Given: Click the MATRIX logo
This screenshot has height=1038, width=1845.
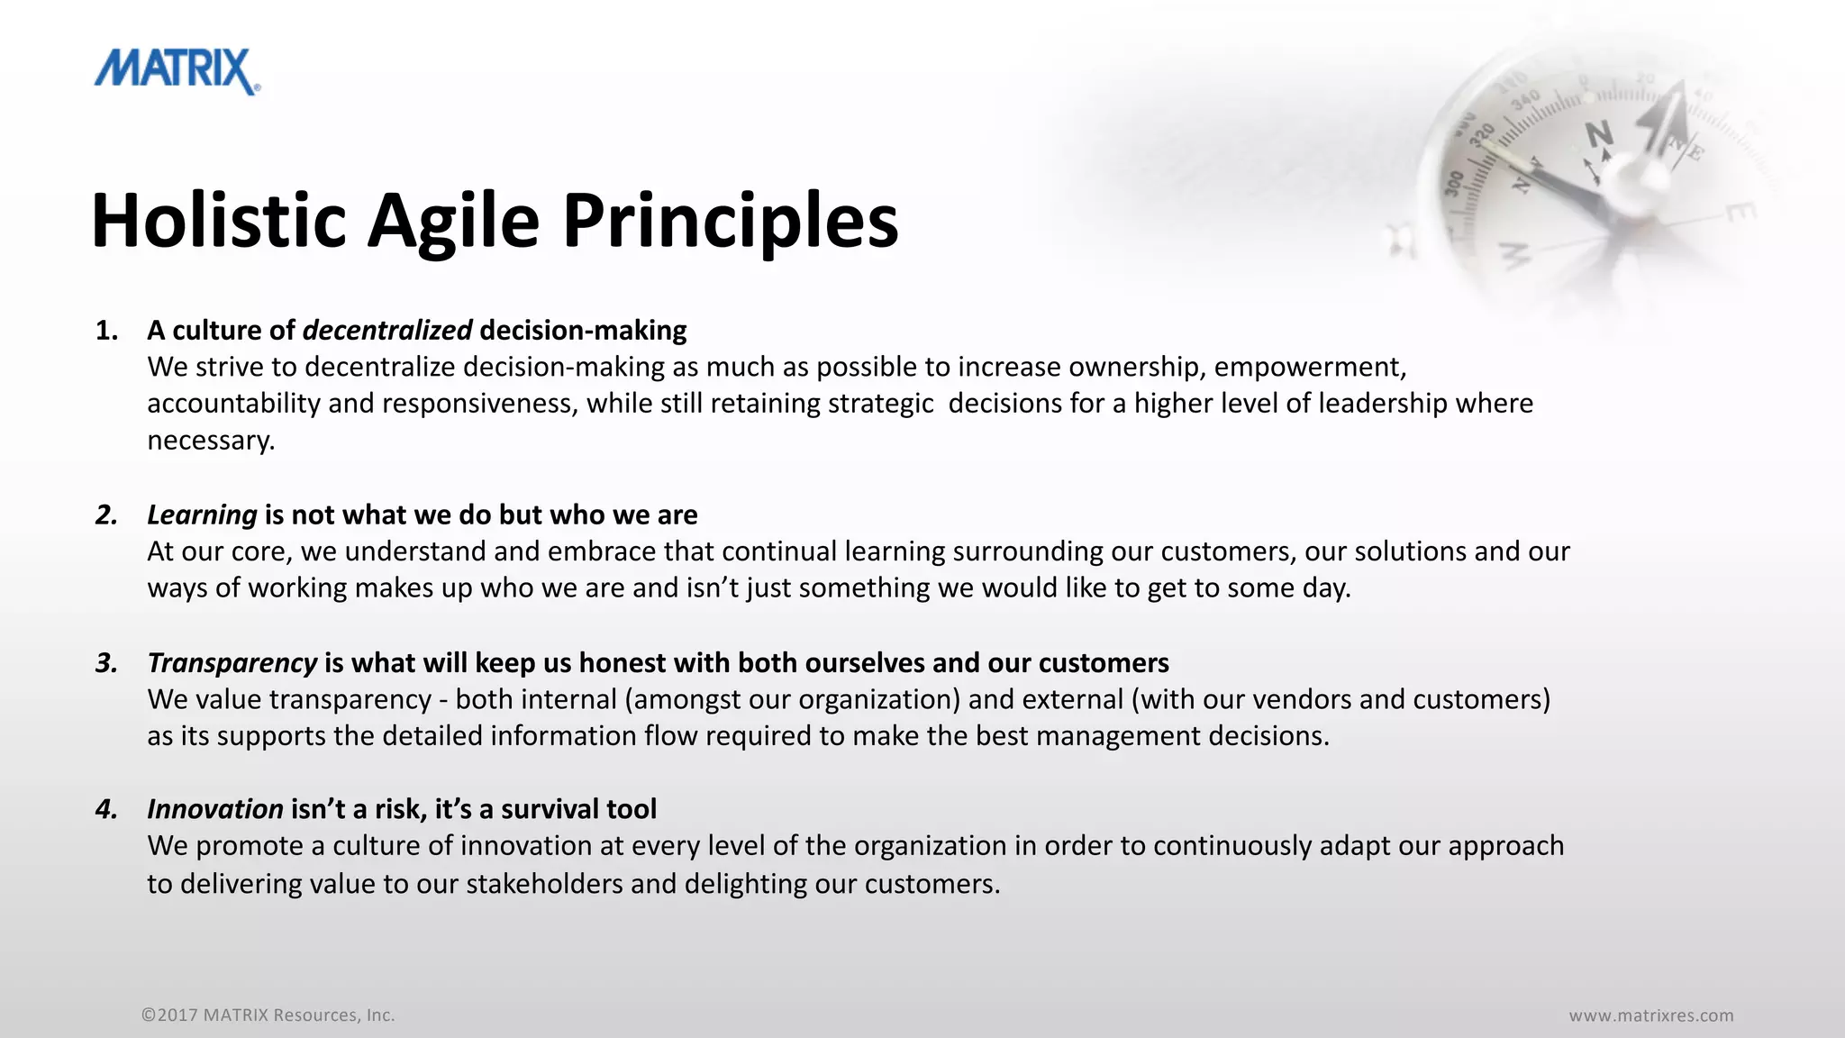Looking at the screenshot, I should [x=177, y=72].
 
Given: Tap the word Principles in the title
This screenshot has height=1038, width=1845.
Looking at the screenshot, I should [x=730, y=221].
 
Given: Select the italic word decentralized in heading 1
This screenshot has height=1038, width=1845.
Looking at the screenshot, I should [x=386, y=331].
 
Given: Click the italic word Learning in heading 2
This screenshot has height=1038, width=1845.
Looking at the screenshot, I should [x=202, y=514].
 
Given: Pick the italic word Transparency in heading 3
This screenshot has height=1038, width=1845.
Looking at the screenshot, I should [x=232, y=663].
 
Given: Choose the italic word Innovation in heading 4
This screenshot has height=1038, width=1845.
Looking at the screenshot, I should [x=215, y=809].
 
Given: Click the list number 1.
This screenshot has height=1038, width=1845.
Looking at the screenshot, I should [x=106, y=331].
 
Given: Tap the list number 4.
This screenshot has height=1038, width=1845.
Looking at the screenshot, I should [x=106, y=809].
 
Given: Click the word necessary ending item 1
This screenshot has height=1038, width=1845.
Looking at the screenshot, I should [x=210, y=441].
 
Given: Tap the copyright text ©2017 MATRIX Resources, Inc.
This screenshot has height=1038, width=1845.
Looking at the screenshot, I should [x=268, y=1015].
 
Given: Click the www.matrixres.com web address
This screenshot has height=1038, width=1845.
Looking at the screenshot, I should [x=1650, y=1015].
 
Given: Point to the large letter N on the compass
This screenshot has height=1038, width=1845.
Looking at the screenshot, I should [x=1599, y=135].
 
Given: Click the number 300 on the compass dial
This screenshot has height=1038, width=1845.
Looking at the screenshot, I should [x=1454, y=183].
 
